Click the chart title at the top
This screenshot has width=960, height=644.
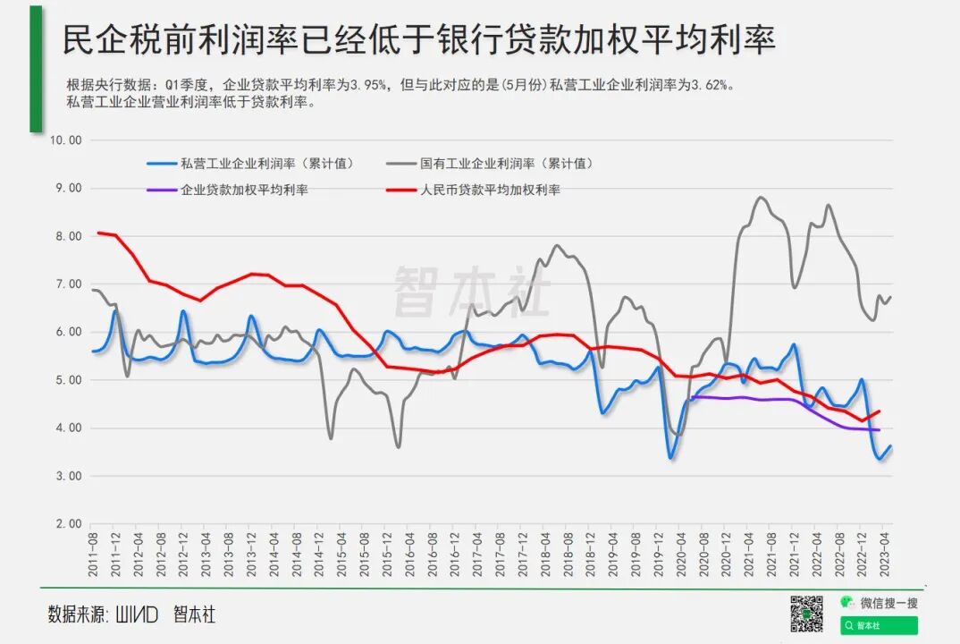click(418, 39)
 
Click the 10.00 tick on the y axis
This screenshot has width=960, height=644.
click(66, 140)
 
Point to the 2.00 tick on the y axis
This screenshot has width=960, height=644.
click(66, 524)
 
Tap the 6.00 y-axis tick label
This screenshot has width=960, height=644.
click(66, 332)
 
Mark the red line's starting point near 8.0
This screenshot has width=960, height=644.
click(97, 233)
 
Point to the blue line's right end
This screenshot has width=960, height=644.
click(891, 446)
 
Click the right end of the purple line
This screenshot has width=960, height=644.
click(880, 430)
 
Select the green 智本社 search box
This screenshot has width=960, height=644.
click(879, 625)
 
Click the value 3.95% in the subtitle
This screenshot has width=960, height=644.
click(368, 85)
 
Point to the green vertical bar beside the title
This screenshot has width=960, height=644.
click(36, 69)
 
